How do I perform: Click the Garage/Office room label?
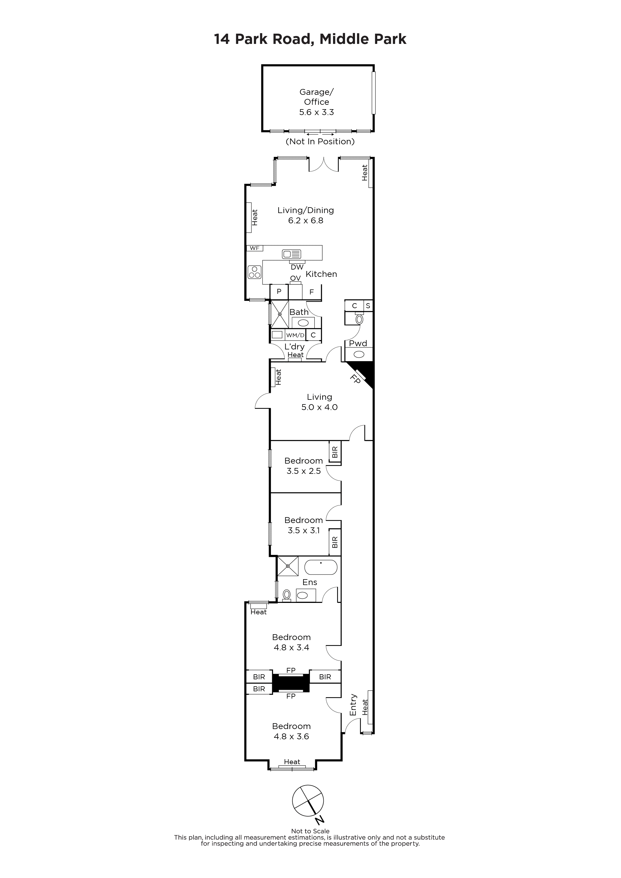pos(316,97)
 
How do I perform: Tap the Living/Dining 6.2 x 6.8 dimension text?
pos(306,221)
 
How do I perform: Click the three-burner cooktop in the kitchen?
pos(254,272)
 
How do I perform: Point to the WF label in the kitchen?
pos(255,248)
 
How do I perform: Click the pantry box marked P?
pos(279,292)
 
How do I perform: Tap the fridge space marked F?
pos(312,292)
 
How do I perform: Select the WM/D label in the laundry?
pos(295,335)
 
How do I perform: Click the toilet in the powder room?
pos(359,318)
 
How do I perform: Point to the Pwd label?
pos(358,343)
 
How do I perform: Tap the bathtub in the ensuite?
pos(320,567)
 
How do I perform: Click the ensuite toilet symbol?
pos(287,595)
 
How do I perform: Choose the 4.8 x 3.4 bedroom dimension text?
pos(291,648)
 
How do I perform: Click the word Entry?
pos(353,705)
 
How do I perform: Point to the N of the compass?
pos(320,819)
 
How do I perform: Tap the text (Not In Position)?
pos(320,141)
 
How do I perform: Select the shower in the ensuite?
pos(288,566)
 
